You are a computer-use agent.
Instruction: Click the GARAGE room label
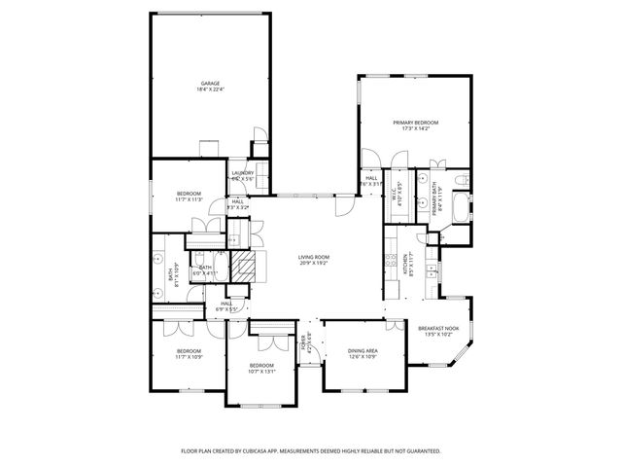pos(211,84)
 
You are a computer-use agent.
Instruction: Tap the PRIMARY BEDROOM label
pos(416,122)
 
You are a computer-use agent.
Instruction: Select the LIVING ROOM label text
pos(313,257)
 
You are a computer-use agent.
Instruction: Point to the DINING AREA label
pos(363,350)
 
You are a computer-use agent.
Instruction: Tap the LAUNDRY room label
pos(242,173)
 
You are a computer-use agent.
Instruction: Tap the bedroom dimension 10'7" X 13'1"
pos(261,370)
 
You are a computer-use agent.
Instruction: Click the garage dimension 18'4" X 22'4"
pos(211,90)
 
